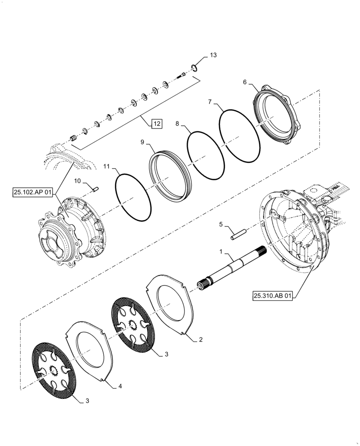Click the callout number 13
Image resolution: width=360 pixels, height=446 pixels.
tap(213, 55)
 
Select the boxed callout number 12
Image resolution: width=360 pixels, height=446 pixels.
tap(157, 124)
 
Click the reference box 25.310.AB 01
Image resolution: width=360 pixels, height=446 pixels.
tap(273, 295)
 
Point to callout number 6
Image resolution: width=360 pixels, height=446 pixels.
tap(245, 82)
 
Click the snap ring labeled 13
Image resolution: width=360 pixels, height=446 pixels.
tap(194, 68)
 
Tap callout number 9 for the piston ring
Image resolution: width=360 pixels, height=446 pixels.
tap(142, 142)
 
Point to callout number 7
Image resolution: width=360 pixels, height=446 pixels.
tap(209, 102)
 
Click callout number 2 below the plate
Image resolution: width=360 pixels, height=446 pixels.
tap(200, 340)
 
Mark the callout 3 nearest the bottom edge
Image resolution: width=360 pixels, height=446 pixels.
tap(87, 401)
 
